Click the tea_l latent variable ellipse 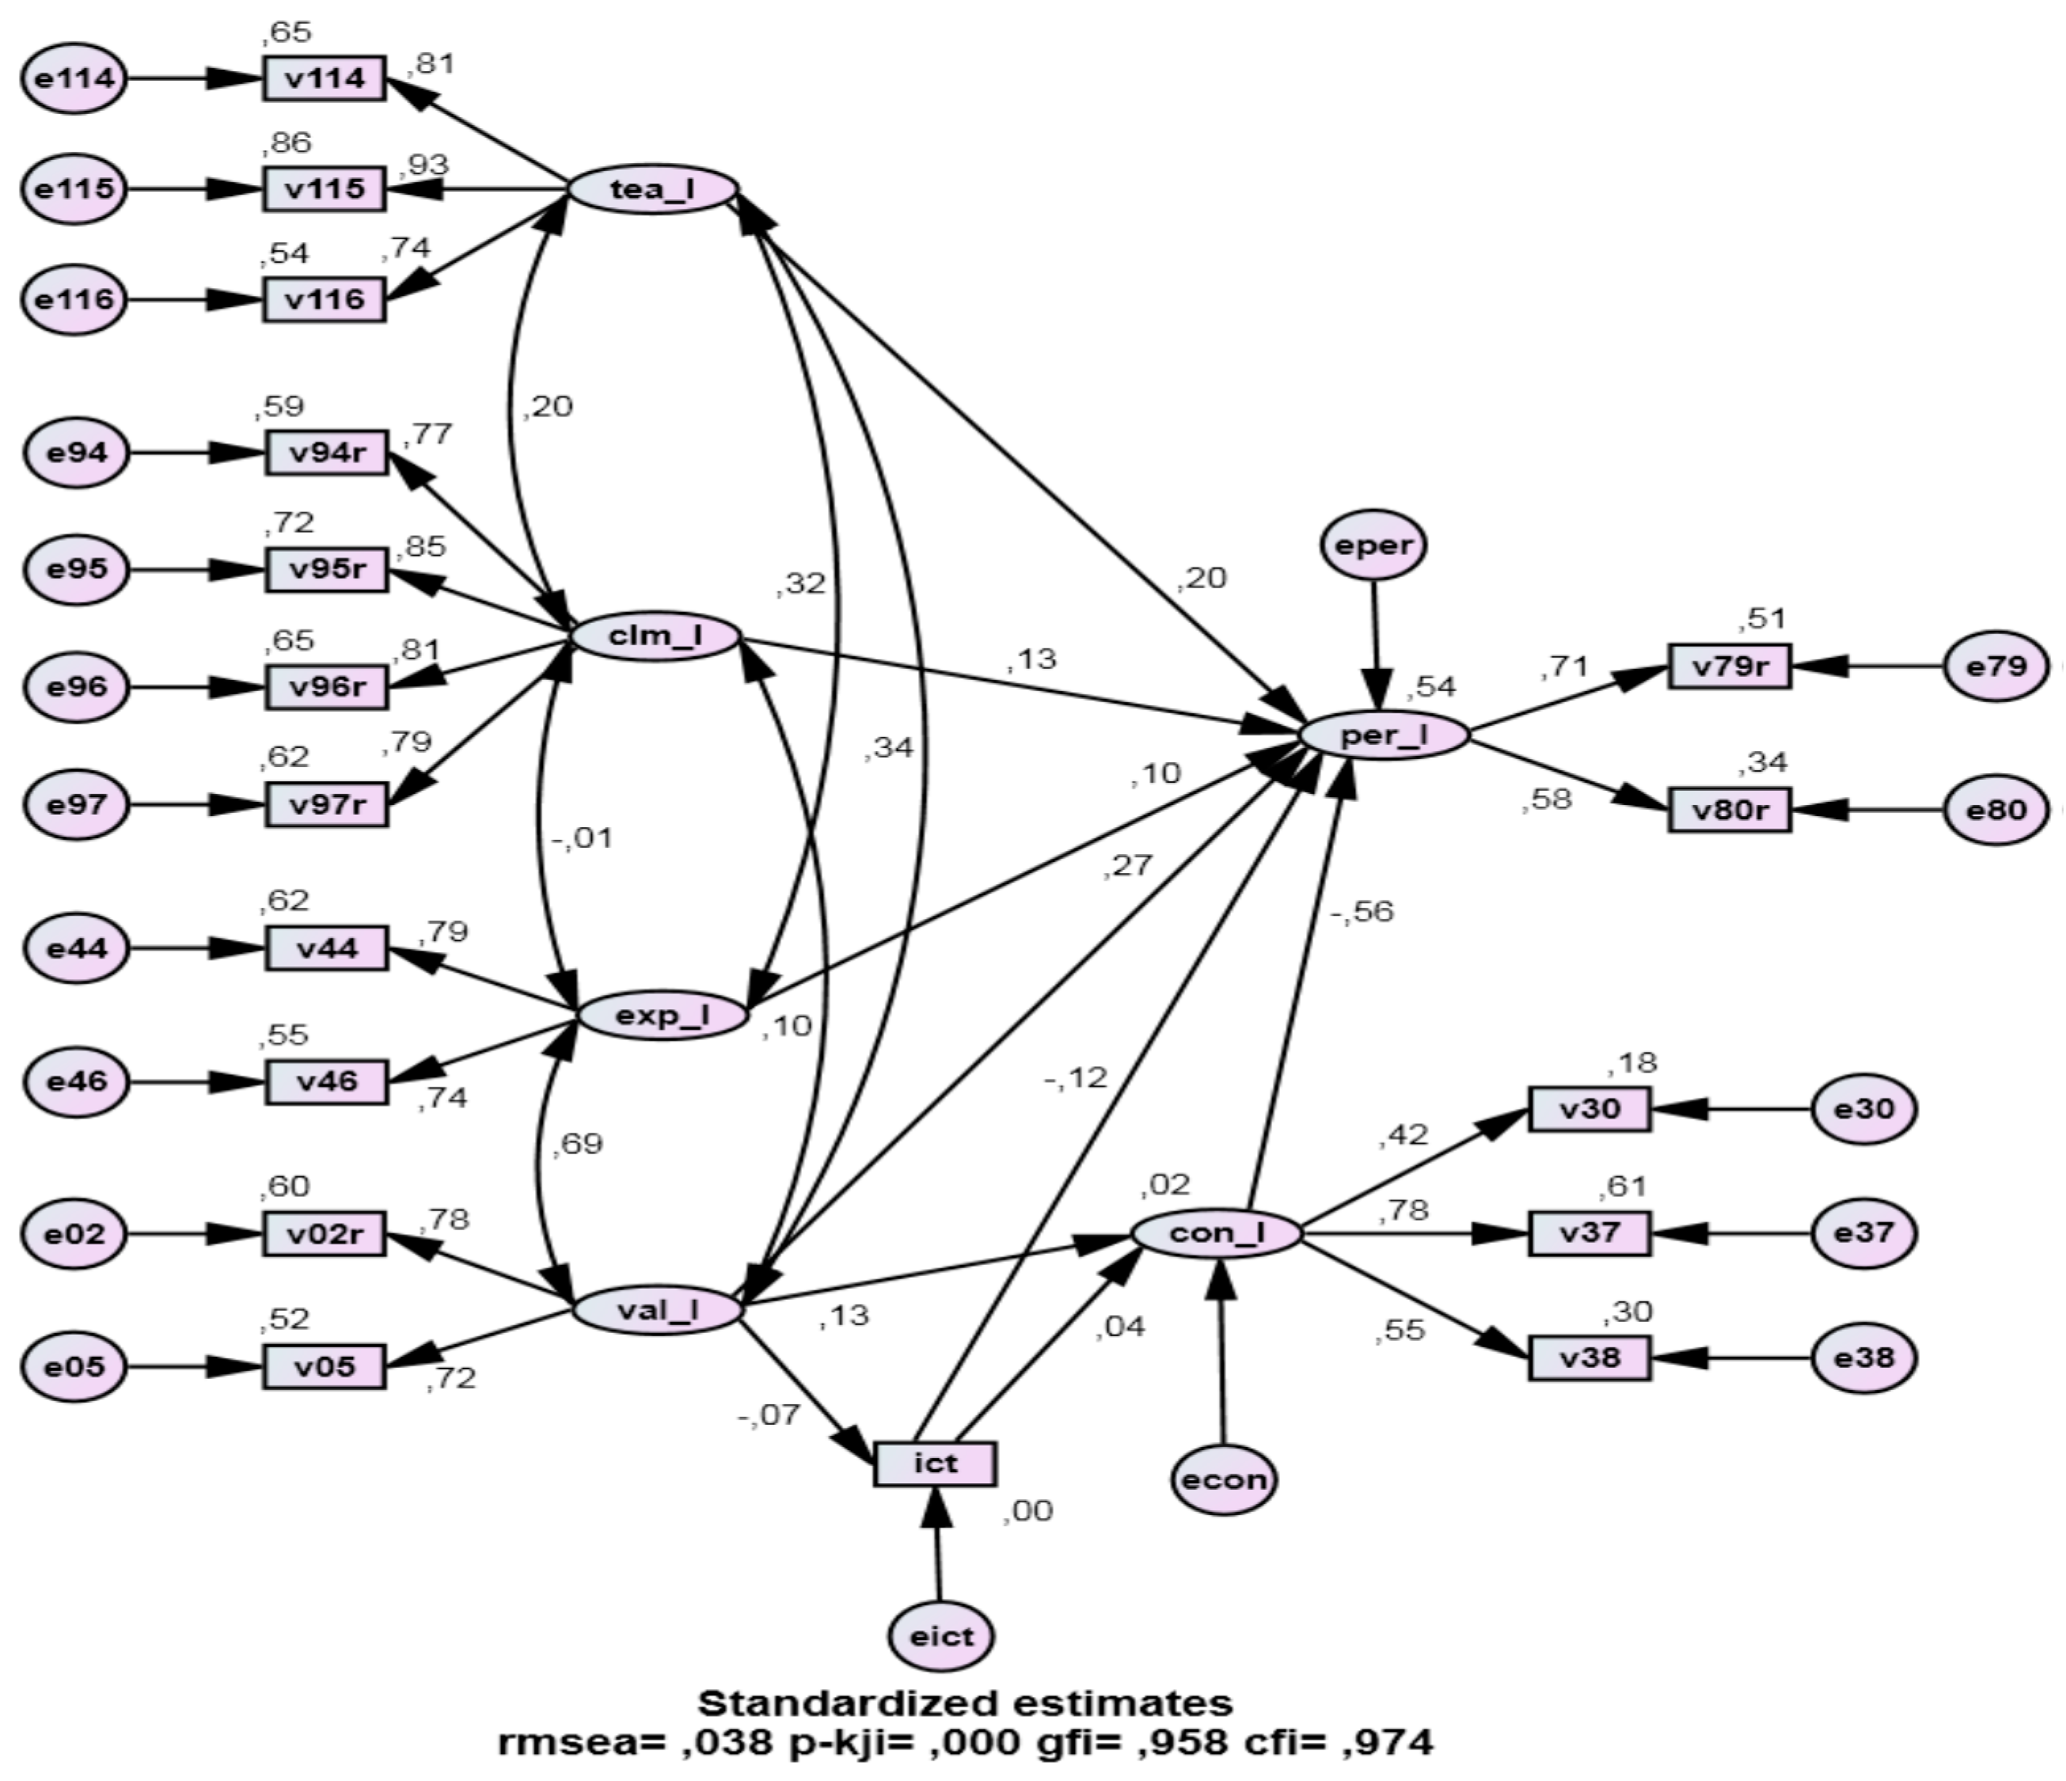(x=653, y=188)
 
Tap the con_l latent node (x=1217, y=1233)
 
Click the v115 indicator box (x=324, y=188)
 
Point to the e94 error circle (x=77, y=453)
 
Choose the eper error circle (x=1374, y=545)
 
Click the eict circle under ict (x=941, y=1636)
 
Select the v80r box (x=1729, y=810)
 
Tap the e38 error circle (x=1863, y=1358)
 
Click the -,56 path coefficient (x=1361, y=911)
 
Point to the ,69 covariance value (x=577, y=1143)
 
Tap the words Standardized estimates (x=964, y=1702)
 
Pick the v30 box (x=1589, y=1109)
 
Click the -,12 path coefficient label (x=1075, y=1077)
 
